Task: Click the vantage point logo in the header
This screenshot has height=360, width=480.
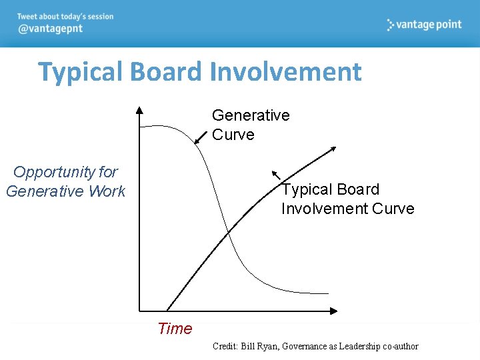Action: [424, 25]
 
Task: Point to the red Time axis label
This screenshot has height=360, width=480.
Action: [175, 329]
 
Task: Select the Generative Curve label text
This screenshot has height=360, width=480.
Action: [250, 125]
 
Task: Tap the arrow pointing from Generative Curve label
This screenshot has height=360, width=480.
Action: [201, 137]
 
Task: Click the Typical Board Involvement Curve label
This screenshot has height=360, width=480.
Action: [347, 199]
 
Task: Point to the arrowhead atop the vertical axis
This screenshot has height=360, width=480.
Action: [139, 110]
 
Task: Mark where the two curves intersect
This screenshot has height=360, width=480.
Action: [227, 231]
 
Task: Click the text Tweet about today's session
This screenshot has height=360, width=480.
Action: [65, 16]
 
